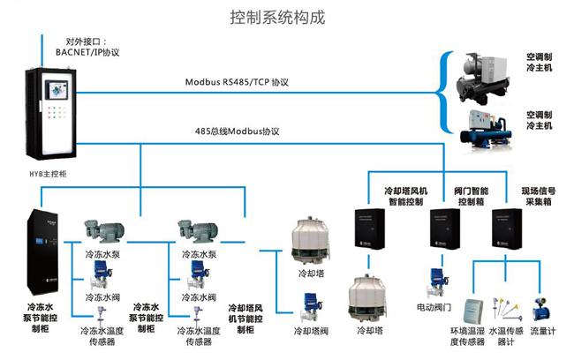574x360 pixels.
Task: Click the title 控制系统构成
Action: pos(289,17)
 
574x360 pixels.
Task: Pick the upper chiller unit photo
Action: pos(484,74)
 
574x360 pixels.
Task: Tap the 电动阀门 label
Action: pos(434,308)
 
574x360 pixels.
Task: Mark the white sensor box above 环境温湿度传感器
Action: pos(473,309)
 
